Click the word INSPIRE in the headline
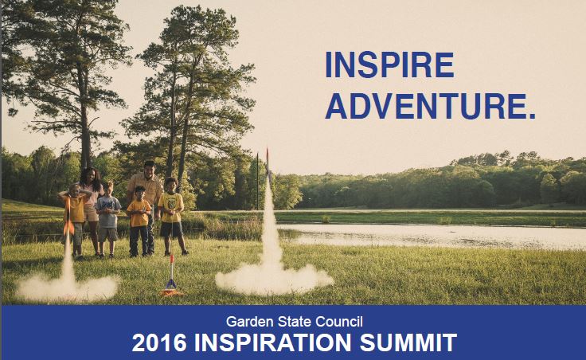(389, 65)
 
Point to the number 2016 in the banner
(159, 342)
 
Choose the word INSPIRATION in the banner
(273, 342)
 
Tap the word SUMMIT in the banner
(408, 342)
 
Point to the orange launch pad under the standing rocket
(171, 292)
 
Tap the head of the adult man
(149, 169)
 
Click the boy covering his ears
(76, 221)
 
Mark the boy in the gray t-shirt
(108, 220)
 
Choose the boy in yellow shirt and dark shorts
(171, 216)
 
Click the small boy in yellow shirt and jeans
(139, 221)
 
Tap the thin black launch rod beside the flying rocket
(257, 181)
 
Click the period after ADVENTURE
(532, 116)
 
